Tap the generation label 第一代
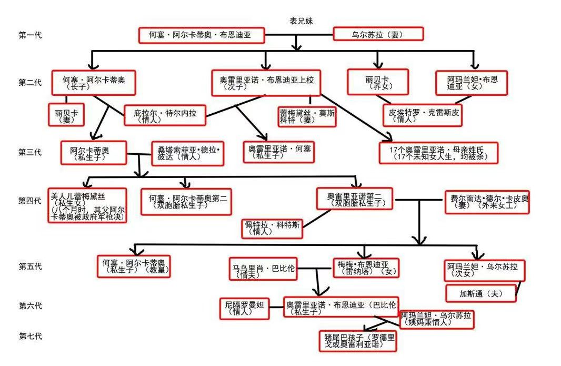click(x=30, y=35)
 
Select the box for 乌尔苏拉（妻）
click(x=378, y=35)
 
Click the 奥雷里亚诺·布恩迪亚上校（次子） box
click(x=266, y=83)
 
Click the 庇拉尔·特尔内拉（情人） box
click(x=164, y=115)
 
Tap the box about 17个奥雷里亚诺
click(x=438, y=153)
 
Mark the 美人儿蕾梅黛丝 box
click(x=87, y=205)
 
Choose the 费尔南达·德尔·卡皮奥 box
click(x=486, y=202)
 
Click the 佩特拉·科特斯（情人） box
click(x=272, y=227)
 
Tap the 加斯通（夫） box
click(x=481, y=293)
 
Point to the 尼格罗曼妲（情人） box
click(x=244, y=308)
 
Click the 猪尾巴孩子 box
click(x=357, y=341)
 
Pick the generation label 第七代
click(x=30, y=336)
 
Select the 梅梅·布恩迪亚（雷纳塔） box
click(x=366, y=268)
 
